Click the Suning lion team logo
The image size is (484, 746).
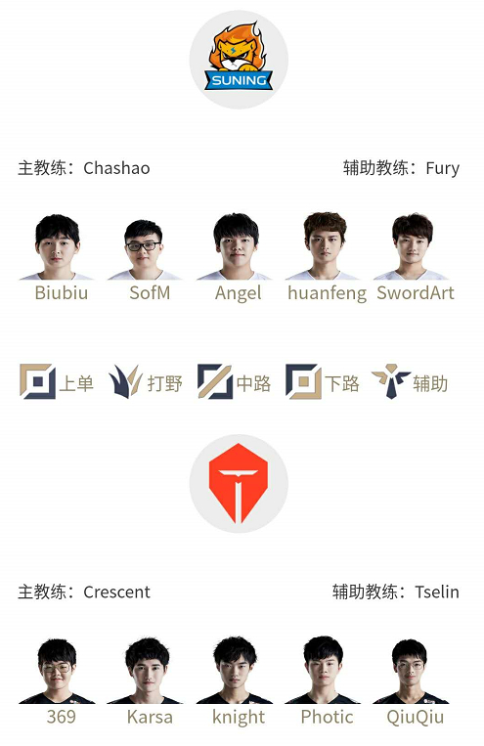pyautogui.click(x=239, y=57)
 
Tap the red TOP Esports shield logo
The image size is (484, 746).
pyautogui.click(x=239, y=483)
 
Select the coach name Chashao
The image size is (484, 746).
pyautogui.click(x=116, y=168)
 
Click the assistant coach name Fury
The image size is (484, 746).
pyautogui.click(x=443, y=169)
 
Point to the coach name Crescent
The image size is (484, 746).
pyautogui.click(x=117, y=592)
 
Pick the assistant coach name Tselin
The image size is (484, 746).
pyautogui.click(x=437, y=592)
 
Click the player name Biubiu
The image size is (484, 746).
pyautogui.click(x=62, y=292)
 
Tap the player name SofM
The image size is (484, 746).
pyautogui.click(x=150, y=292)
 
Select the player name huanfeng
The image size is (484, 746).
pyautogui.click(x=327, y=293)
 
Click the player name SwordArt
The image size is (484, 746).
pyautogui.click(x=416, y=292)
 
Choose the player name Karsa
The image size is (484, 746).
pyautogui.click(x=150, y=717)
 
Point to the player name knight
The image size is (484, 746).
pyautogui.click(x=239, y=718)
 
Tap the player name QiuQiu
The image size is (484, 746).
pyautogui.click(x=415, y=718)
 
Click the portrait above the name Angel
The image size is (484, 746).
pyautogui.click(x=236, y=246)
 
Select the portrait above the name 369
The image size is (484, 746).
pyautogui.click(x=57, y=672)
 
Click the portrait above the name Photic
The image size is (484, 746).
pyautogui.click(x=323, y=670)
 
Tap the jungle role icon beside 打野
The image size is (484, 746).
pyautogui.click(x=125, y=382)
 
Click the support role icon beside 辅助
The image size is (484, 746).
pyautogui.click(x=391, y=381)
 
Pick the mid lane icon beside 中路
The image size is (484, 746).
pyautogui.click(x=215, y=381)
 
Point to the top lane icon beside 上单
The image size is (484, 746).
pyautogui.click(x=37, y=381)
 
